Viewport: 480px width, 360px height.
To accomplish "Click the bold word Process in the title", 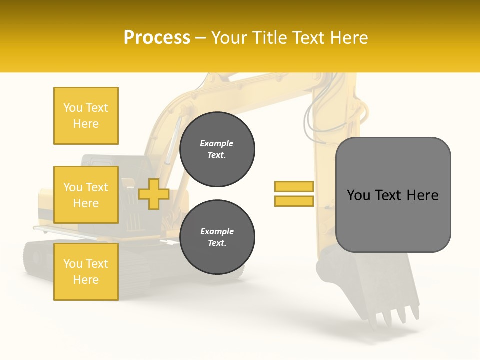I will (157, 38).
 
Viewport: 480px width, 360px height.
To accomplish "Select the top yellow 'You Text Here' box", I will (86, 116).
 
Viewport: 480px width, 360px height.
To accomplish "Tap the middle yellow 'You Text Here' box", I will (86, 195).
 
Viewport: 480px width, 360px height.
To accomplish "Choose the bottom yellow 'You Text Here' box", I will (86, 272).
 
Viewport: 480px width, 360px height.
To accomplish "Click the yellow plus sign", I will (154, 194).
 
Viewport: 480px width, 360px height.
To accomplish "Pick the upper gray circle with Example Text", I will (217, 149).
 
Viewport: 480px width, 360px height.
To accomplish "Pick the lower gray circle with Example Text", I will (217, 237).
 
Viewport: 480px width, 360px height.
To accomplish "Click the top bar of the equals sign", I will (294, 186).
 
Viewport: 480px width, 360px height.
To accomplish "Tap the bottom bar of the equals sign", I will (294, 201).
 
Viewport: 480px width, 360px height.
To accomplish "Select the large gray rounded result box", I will (393, 220).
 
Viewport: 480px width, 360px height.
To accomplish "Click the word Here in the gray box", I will (423, 195).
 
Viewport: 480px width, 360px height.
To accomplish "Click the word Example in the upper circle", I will (217, 144).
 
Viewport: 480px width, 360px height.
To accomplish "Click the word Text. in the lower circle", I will (217, 243).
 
